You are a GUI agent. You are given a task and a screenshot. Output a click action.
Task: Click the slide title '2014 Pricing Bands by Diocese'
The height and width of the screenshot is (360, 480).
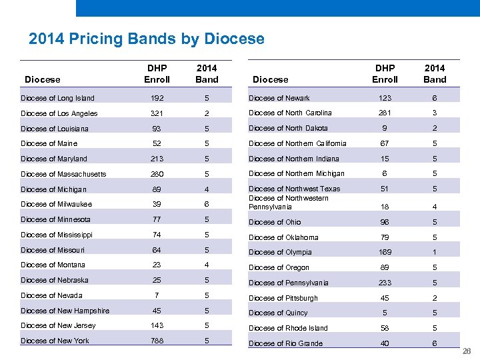(x=146, y=39)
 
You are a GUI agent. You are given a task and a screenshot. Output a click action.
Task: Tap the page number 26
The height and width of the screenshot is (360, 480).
(x=467, y=351)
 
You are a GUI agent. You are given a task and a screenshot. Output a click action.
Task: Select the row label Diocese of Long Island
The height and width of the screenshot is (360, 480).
(x=57, y=98)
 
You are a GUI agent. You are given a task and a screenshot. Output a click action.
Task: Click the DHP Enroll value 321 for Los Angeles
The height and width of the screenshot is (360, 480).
(x=157, y=113)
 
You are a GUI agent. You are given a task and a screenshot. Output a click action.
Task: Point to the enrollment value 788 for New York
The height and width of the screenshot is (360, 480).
(x=157, y=341)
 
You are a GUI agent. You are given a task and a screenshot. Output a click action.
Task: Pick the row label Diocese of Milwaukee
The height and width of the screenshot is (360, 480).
(x=56, y=204)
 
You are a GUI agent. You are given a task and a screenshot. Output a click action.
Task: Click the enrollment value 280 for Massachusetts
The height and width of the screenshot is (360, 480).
(x=157, y=174)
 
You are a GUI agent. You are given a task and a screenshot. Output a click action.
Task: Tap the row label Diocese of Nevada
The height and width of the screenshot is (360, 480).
(x=51, y=295)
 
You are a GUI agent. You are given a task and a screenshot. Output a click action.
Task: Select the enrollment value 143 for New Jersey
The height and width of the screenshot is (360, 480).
(x=157, y=325)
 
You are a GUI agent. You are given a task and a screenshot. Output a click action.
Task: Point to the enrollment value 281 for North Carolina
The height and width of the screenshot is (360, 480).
(x=385, y=113)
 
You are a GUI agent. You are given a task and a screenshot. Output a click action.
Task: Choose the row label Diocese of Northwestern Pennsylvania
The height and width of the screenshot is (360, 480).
(x=288, y=203)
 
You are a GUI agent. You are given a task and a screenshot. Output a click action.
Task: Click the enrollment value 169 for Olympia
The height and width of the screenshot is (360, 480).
(x=385, y=252)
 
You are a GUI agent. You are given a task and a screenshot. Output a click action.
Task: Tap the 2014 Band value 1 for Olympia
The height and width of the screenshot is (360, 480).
(x=435, y=252)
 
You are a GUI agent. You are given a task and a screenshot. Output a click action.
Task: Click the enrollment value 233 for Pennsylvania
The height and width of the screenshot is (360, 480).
(x=385, y=283)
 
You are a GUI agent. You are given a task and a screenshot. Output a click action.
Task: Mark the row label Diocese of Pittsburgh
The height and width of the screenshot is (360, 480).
(x=283, y=298)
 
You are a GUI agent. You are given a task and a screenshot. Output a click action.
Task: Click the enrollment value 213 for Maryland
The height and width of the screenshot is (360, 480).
(x=157, y=159)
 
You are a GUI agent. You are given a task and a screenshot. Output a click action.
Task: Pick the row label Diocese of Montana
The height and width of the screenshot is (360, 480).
(x=53, y=265)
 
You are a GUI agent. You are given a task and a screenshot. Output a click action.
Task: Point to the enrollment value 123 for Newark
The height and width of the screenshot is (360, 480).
(x=385, y=98)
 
